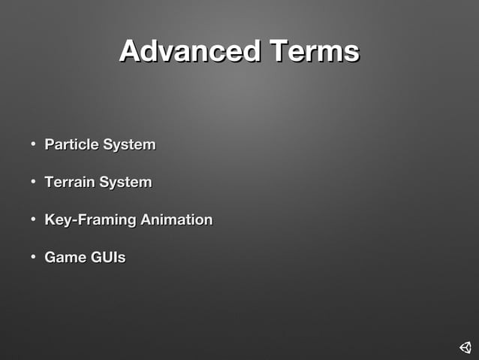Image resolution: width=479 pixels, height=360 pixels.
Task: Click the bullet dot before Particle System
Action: coord(34,144)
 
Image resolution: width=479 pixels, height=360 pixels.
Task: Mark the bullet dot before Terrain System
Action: coord(34,182)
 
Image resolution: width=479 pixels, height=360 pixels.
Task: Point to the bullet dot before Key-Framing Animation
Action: coord(34,220)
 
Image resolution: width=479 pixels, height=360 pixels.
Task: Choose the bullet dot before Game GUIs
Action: coord(34,258)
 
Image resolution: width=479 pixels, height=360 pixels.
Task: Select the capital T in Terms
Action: coord(281,52)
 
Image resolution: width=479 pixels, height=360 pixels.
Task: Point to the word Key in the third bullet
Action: coord(57,220)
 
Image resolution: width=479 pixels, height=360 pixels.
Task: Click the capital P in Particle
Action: coord(50,144)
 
